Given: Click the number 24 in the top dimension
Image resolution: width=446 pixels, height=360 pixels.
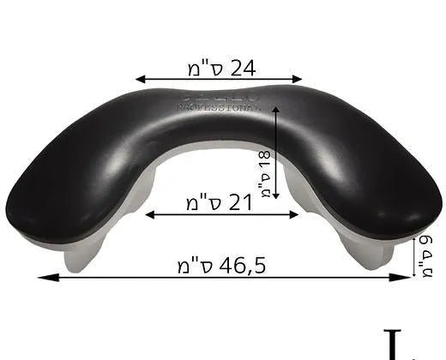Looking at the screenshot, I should [x=244, y=66].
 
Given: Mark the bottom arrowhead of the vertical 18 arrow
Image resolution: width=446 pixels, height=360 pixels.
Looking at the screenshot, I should [x=276, y=205].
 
